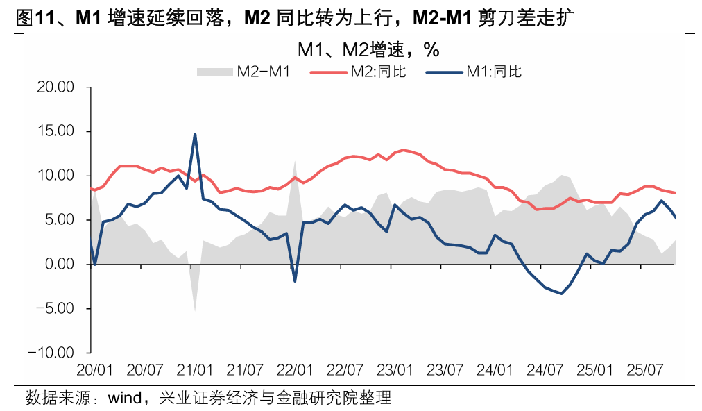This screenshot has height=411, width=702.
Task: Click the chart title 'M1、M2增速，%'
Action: (x=368, y=50)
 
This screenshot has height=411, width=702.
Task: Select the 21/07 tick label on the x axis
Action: (x=246, y=369)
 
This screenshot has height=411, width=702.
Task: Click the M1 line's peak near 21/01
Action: (x=195, y=134)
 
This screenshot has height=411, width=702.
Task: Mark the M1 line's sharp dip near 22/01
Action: (x=295, y=281)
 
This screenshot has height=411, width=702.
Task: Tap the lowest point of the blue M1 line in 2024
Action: (x=561, y=294)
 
